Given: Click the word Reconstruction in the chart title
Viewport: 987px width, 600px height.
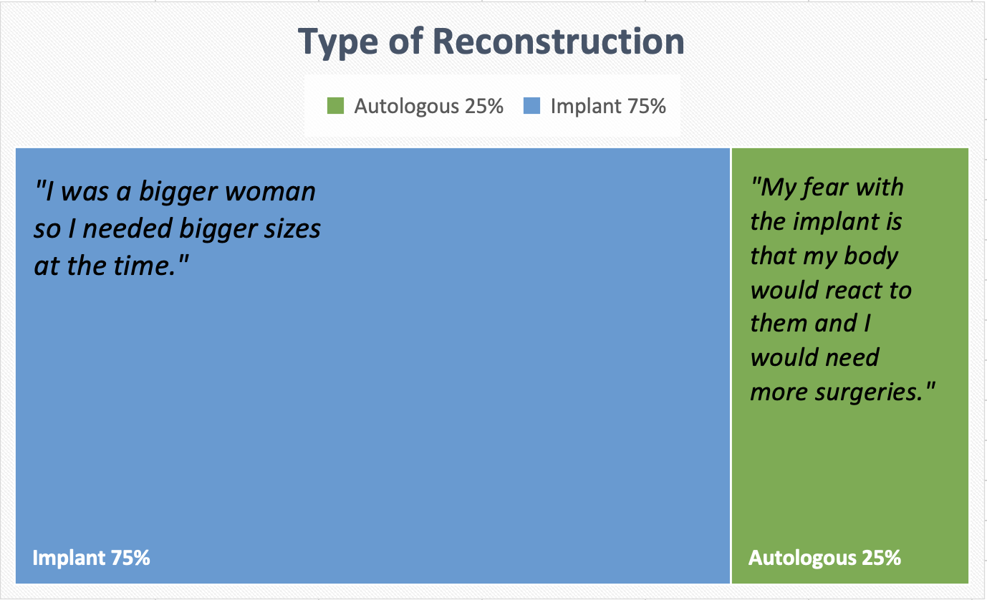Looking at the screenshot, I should [x=559, y=42].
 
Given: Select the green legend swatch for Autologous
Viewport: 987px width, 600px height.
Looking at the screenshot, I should [x=335, y=107].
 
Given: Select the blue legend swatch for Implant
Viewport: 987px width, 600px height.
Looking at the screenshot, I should [x=532, y=107].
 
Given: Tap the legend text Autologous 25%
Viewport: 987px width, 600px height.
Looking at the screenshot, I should [x=428, y=107].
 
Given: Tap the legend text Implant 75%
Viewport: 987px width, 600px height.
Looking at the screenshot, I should [x=608, y=107].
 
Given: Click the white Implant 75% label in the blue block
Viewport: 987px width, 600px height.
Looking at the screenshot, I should [x=91, y=558].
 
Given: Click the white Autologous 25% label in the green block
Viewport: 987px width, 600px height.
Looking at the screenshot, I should [x=824, y=558].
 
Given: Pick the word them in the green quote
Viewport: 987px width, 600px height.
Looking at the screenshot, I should [x=777, y=324].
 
